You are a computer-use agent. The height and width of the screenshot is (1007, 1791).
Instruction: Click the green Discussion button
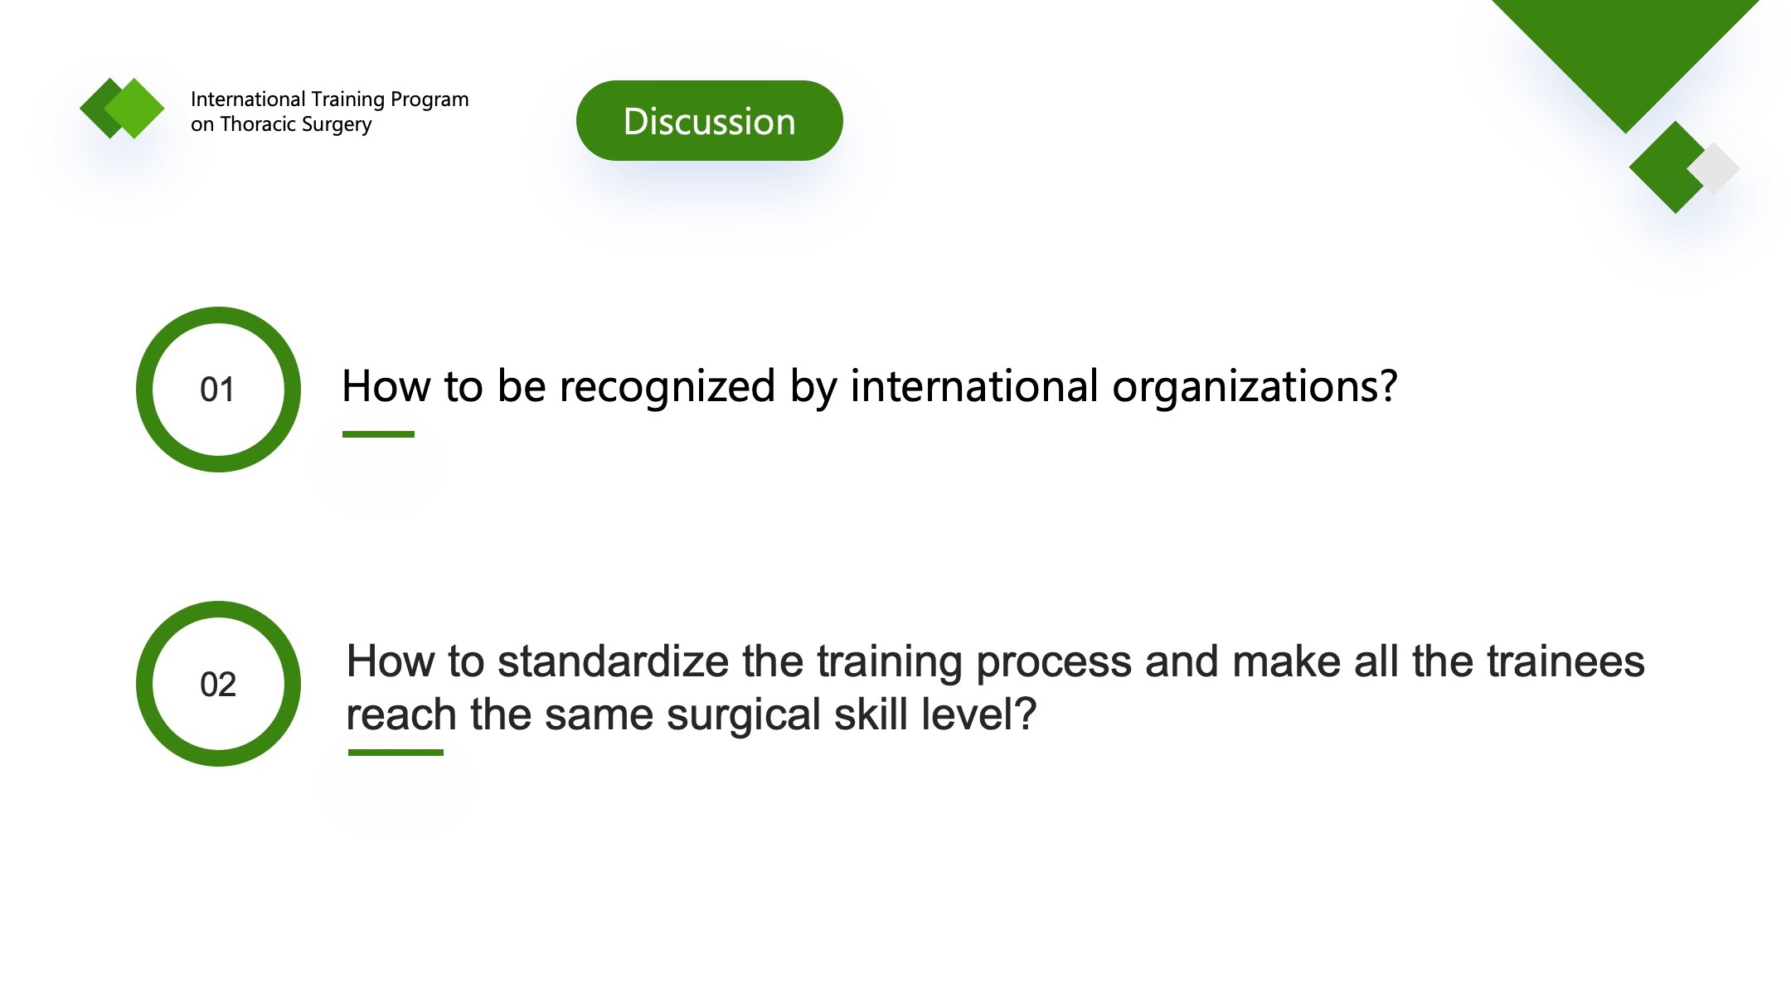[x=709, y=121]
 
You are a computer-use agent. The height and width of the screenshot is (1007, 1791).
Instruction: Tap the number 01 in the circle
[x=217, y=390]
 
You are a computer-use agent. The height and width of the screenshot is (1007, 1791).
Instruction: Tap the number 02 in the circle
[x=218, y=685]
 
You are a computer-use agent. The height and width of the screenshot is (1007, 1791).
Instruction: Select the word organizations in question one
[x=1255, y=387]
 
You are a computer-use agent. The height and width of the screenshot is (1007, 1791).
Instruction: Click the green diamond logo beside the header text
[x=122, y=108]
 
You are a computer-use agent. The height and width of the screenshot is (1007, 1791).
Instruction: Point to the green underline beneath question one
[x=378, y=433]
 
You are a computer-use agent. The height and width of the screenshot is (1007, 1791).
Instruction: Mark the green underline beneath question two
[x=396, y=752]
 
